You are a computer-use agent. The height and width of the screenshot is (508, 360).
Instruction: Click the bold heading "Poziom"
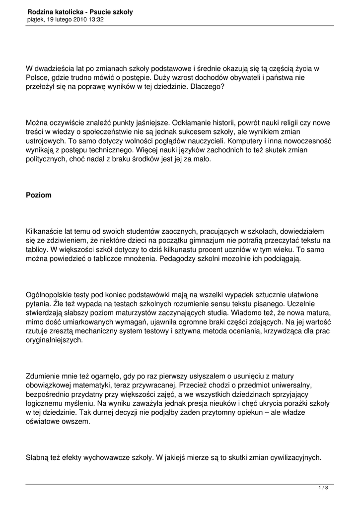coord(39,195)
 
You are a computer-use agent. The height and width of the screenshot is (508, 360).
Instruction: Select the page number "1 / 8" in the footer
coord(323,488)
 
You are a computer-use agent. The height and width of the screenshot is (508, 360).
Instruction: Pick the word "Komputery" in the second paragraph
coord(246,140)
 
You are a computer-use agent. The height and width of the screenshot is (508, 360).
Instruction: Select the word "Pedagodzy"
coord(179,258)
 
